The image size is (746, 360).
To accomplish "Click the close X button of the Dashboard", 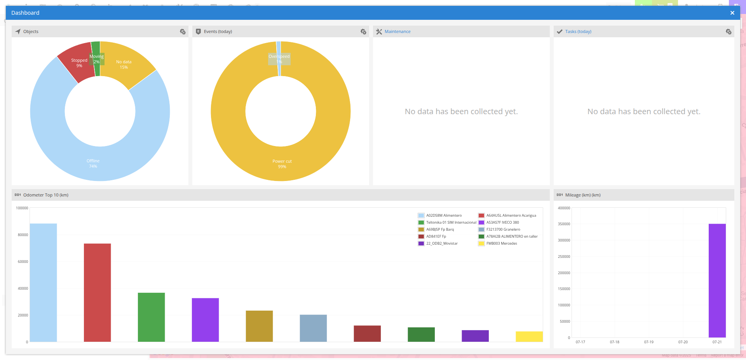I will click(732, 13).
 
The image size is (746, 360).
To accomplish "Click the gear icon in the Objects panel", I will click(183, 32).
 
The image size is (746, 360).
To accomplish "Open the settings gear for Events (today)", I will click(363, 32).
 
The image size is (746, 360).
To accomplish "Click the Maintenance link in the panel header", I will click(397, 32).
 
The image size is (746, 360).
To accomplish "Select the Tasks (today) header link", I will click(578, 32).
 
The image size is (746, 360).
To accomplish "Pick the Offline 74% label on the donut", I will click(93, 163).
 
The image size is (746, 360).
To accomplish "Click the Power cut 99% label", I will click(282, 164).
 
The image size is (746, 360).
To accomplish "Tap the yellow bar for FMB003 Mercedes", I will click(529, 337).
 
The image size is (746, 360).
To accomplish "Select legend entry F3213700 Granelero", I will click(503, 230).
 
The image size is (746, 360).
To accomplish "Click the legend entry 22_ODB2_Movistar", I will click(442, 243).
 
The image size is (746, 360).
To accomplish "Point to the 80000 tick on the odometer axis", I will click(23, 235).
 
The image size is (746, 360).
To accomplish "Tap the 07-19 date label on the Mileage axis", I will click(648, 342).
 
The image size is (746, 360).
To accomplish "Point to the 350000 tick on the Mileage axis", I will click(564, 224).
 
